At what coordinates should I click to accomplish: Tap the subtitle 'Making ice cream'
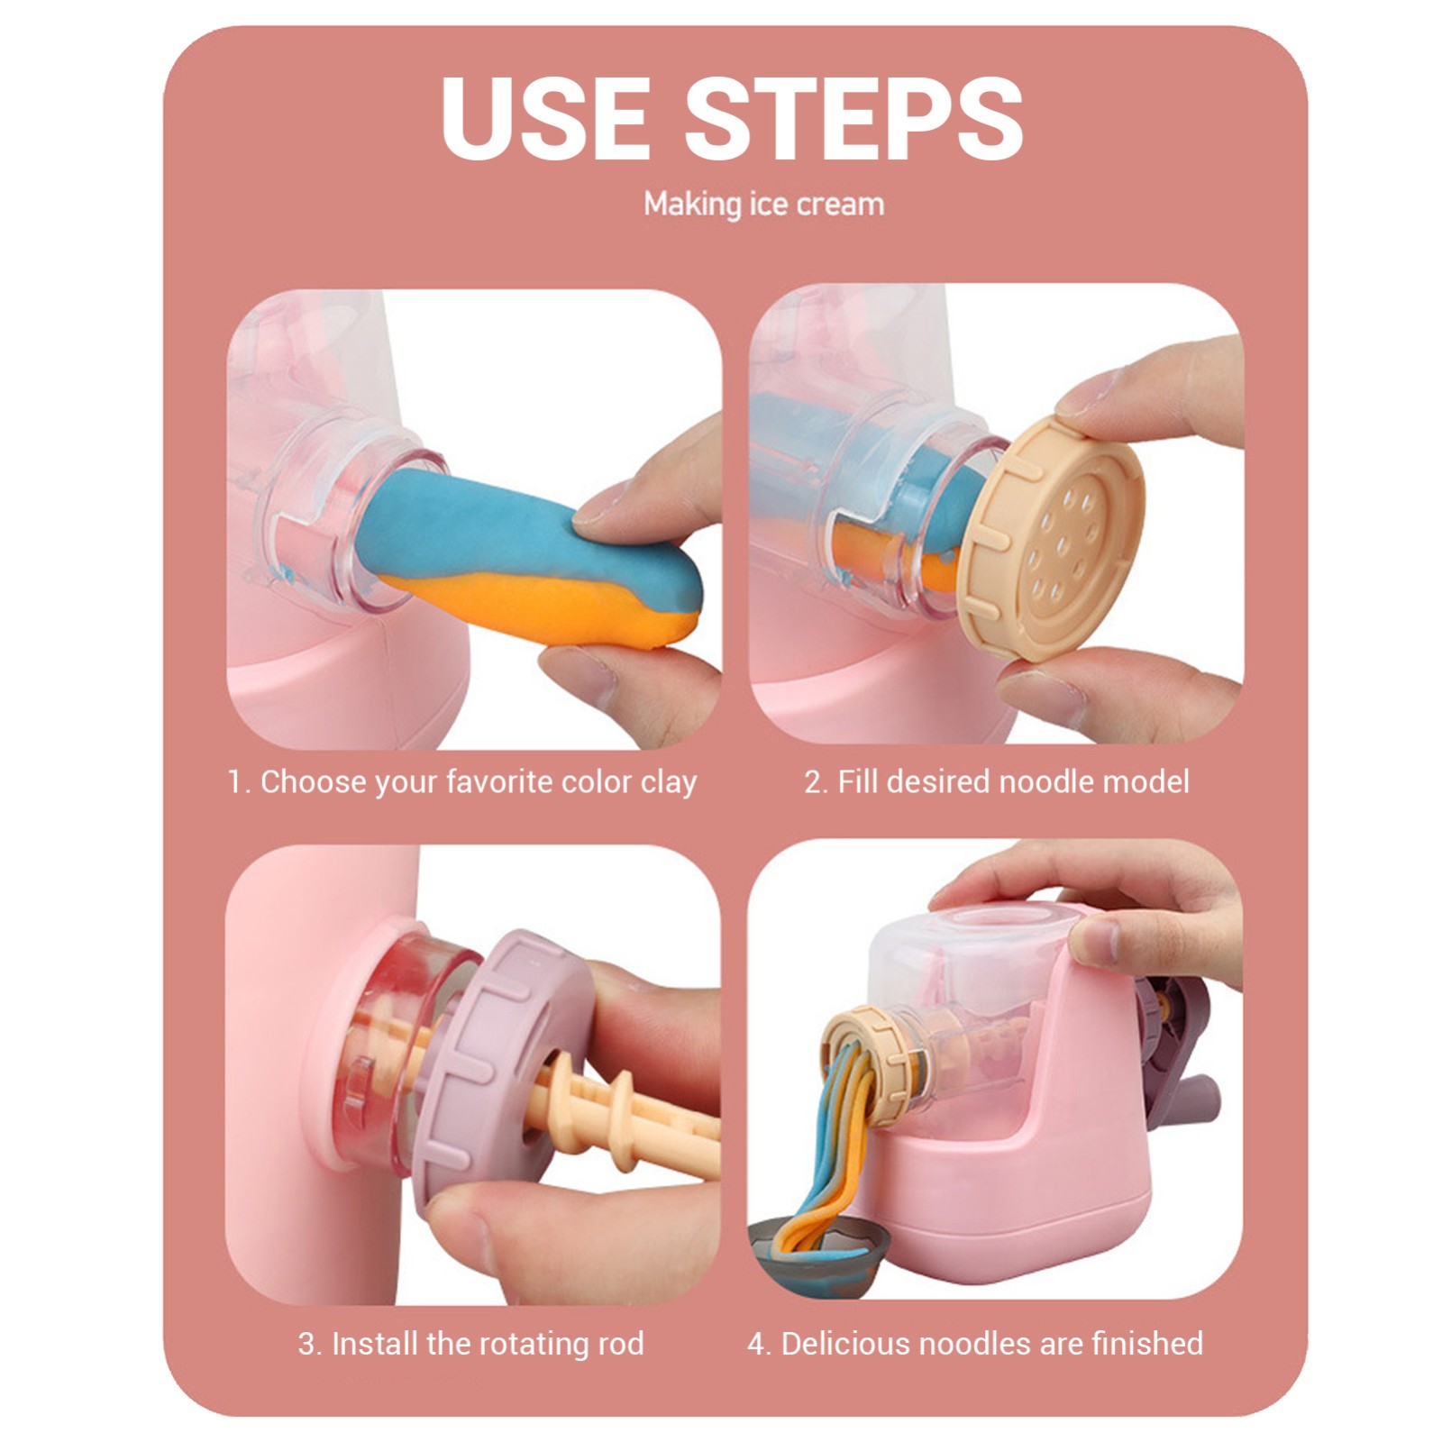coord(763,205)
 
